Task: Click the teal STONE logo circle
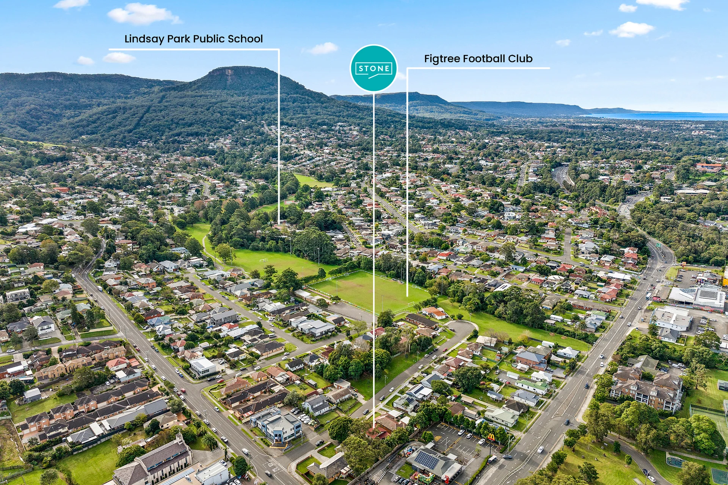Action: click(x=373, y=68)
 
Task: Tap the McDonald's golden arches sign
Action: click(x=491, y=437)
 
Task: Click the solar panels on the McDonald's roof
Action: click(x=426, y=459)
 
